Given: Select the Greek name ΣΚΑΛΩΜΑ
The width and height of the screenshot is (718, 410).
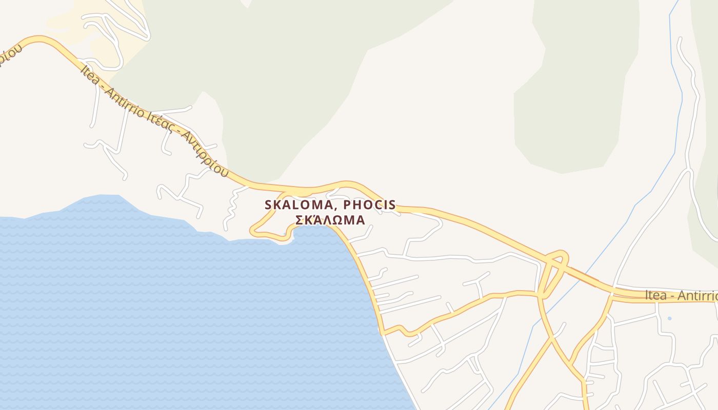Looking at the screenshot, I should point(330,220).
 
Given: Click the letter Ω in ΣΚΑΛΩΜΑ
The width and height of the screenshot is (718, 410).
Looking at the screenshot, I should point(338,220).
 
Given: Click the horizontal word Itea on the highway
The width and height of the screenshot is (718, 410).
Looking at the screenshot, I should point(656,296).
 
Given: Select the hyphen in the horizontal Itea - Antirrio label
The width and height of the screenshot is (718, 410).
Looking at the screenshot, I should point(672,296).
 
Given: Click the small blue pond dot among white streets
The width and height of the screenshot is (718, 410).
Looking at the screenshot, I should point(669,318).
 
